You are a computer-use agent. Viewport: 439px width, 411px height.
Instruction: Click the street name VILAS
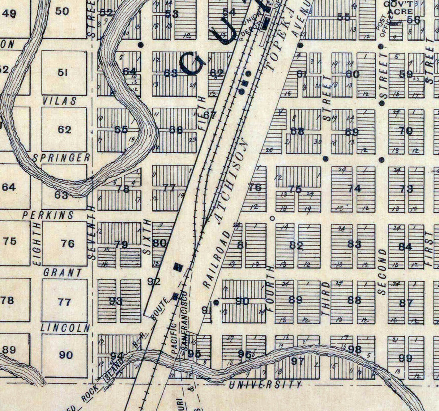60,101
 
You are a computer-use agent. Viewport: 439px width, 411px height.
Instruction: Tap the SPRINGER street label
61,158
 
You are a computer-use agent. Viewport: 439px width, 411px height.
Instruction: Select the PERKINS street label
48,215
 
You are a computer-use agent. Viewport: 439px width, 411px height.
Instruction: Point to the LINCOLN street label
65,328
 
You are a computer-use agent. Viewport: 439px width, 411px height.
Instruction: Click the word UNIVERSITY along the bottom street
265,385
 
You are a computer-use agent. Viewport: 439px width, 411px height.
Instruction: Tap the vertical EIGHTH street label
38,249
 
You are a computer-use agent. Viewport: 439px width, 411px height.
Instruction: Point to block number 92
154,282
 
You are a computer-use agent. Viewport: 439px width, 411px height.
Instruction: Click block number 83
354,244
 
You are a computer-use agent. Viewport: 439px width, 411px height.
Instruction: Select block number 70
406,130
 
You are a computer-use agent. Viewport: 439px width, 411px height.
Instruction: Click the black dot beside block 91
216,302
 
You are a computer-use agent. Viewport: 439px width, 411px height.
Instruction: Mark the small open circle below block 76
272,218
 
